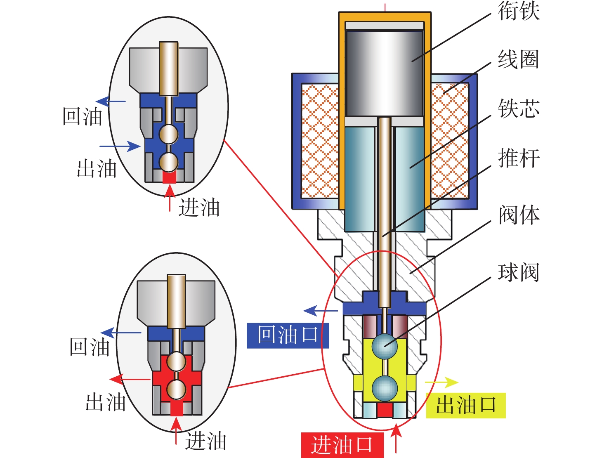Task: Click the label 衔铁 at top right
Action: click(519, 11)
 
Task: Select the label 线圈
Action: click(519, 59)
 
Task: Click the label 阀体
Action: click(519, 215)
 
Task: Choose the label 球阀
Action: click(519, 272)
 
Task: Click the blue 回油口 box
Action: click(288, 335)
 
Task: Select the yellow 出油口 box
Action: click(465, 405)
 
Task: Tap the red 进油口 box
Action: click(342, 445)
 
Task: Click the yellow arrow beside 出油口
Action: click(442, 382)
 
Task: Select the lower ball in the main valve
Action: click(385, 388)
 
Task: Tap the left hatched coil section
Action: click(320, 140)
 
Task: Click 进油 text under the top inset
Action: click(199, 208)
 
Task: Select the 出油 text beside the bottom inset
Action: click(106, 402)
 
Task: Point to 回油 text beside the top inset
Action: click(83, 117)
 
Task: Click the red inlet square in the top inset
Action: click(169, 177)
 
